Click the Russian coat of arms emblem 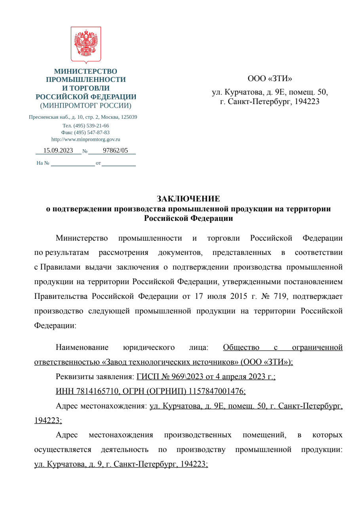86,44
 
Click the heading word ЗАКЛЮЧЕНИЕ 188,198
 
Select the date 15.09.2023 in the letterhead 58,150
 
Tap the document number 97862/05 115,150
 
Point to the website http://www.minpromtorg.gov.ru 86,139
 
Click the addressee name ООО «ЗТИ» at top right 270,78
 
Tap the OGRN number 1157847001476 217,391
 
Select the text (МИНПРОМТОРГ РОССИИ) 86,106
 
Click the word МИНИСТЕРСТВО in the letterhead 86,71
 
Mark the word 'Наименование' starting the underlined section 82,348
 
